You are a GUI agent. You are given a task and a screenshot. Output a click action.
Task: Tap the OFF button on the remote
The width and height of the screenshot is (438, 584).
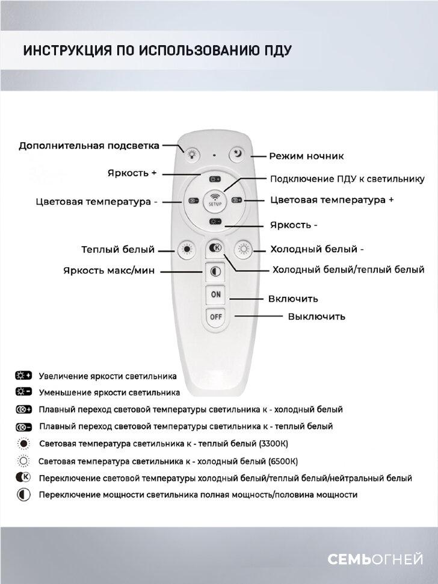[215, 317]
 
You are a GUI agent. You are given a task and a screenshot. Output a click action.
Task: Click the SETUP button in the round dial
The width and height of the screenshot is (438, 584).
[215, 199]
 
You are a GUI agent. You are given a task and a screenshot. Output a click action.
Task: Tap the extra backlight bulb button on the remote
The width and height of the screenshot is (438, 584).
[192, 154]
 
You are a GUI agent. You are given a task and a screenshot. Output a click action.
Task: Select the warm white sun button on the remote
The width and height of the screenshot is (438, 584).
[186, 249]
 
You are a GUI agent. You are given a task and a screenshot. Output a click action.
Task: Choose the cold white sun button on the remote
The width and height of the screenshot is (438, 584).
[244, 248]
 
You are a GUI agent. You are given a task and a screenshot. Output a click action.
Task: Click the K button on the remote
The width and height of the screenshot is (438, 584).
[215, 247]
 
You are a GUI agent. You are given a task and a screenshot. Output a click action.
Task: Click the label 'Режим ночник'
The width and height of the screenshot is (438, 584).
[306, 156]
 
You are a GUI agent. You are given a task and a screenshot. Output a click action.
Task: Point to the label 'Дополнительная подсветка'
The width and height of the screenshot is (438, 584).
[89, 146]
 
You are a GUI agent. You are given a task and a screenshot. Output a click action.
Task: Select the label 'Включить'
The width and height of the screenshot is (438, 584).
[293, 299]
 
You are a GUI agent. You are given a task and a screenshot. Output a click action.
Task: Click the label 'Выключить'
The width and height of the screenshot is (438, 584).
[316, 316]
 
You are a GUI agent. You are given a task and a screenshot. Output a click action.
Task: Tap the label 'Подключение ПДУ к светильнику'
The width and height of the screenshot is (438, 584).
[347, 179]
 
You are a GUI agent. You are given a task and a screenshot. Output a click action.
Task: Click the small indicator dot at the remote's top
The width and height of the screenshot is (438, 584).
[215, 155]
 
